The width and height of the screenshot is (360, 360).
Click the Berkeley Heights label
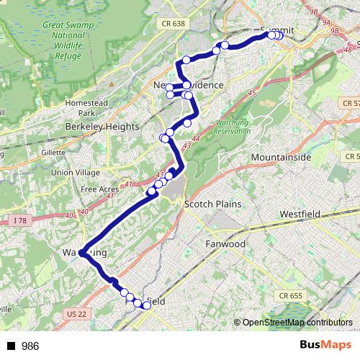pos(102,126)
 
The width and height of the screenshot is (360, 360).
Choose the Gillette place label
pos(53,153)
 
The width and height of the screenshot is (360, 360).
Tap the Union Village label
pos(76,172)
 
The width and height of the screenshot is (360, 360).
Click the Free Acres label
pos(99,189)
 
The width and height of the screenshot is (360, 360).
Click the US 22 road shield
pos(76,315)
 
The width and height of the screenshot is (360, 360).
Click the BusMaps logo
pos(326,345)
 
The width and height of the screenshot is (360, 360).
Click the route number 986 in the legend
pos(30,346)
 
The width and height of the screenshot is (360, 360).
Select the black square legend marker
pos(11,346)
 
